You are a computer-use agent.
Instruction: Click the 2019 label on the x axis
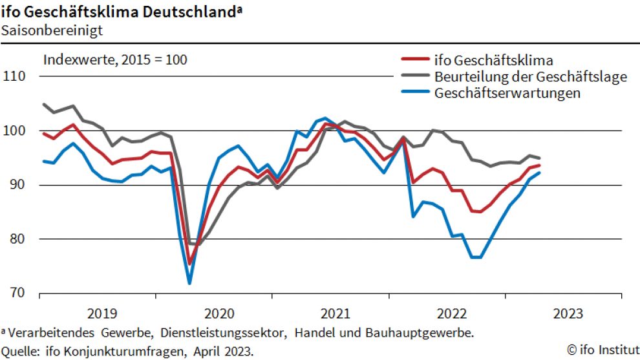pyautogui.click(x=102, y=314)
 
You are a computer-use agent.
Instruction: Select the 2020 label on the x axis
pyautogui.click(x=220, y=314)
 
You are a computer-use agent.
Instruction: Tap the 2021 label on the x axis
pyautogui.click(x=336, y=314)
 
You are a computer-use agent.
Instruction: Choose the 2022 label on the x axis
pyautogui.click(x=452, y=314)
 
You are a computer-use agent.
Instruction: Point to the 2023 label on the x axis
pyautogui.click(x=568, y=314)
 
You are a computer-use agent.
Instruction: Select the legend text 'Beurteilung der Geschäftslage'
pyautogui.click(x=531, y=77)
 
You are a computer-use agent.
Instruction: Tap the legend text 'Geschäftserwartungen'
pyautogui.click(x=507, y=93)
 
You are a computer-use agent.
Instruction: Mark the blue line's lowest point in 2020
pyautogui.click(x=189, y=283)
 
